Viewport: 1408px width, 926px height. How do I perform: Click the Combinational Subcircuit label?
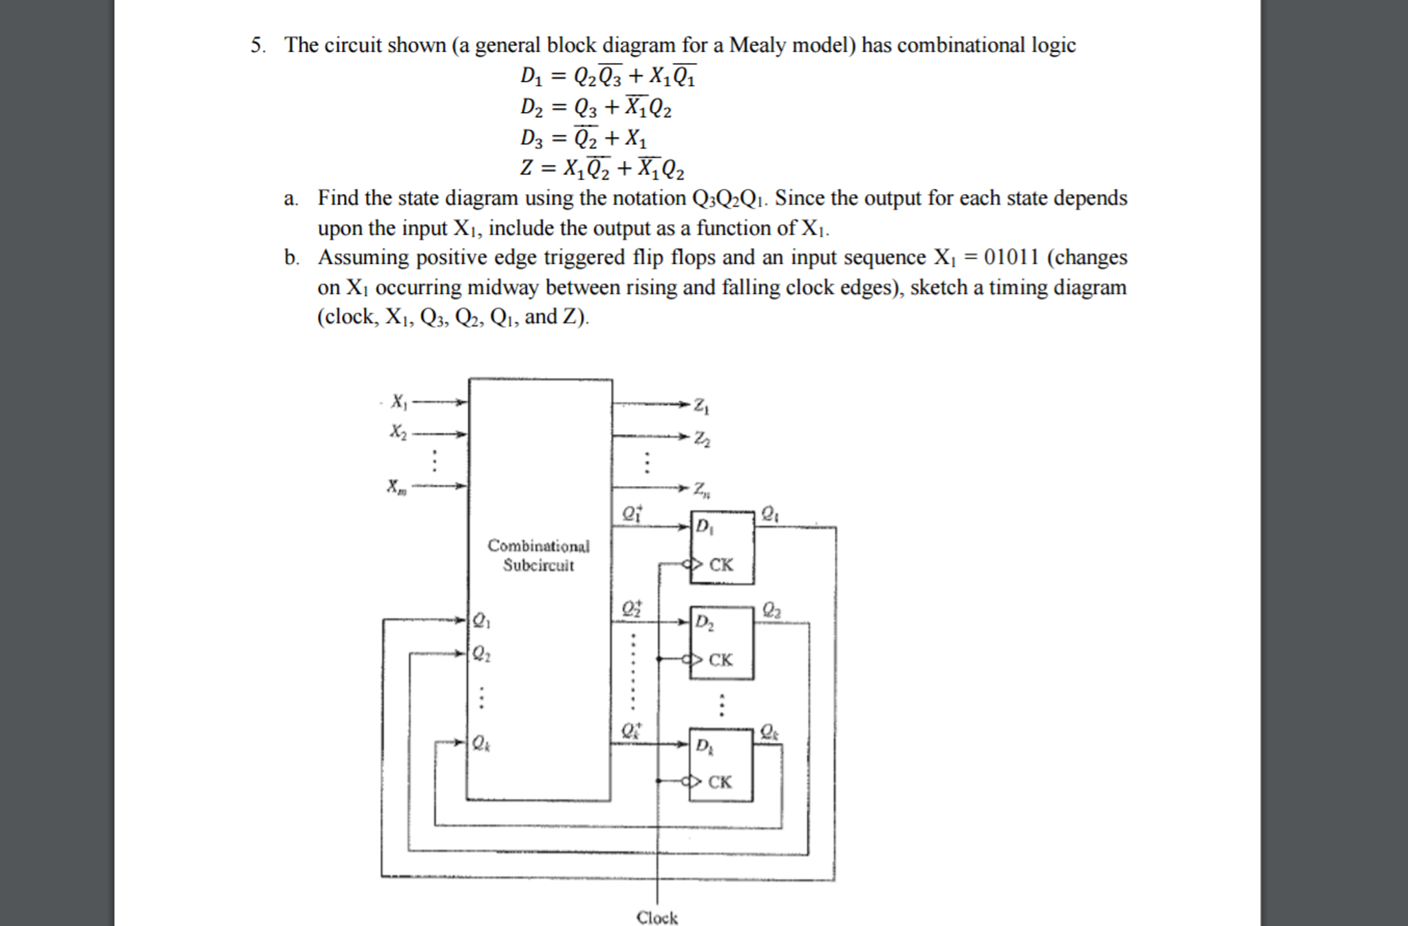click(x=538, y=555)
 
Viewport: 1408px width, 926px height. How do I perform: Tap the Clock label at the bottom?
click(x=657, y=917)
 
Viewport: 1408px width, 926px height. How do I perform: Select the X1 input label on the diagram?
click(x=398, y=401)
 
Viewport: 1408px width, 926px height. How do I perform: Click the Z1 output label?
click(x=701, y=406)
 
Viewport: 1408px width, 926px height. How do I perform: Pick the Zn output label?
click(x=701, y=490)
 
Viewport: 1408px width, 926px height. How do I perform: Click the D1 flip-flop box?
click(x=722, y=548)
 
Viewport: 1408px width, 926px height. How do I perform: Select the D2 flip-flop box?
click(x=721, y=643)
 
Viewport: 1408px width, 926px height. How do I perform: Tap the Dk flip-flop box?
click(x=721, y=765)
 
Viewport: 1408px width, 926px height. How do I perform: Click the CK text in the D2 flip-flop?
click(x=721, y=660)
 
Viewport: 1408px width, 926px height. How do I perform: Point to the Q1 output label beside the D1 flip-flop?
click(x=770, y=514)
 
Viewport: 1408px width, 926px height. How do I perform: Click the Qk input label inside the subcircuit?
click(x=480, y=743)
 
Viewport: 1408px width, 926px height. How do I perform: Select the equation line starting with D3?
click(x=584, y=138)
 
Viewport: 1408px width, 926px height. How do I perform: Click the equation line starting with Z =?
click(x=602, y=168)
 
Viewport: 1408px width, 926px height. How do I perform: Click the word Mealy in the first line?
click(x=758, y=45)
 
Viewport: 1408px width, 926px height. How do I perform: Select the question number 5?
click(x=257, y=45)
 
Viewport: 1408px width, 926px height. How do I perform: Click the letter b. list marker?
click(x=291, y=257)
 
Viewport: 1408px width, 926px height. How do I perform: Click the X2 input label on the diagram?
click(x=398, y=432)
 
